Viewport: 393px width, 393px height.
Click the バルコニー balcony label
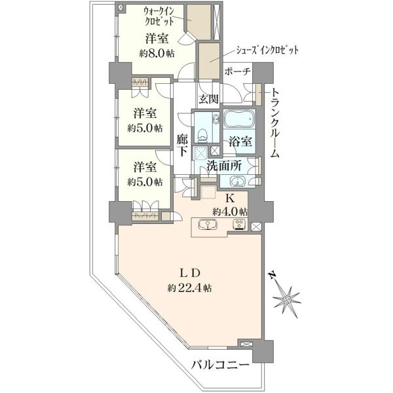[x=220, y=365]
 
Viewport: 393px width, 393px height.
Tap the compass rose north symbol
[x=286, y=299]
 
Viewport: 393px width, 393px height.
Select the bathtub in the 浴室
[x=239, y=119]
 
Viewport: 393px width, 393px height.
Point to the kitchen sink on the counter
[x=208, y=224]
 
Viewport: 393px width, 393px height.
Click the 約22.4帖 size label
[x=189, y=288]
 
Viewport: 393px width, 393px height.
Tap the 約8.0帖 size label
[x=157, y=54]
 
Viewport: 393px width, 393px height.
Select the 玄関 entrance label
[x=208, y=100]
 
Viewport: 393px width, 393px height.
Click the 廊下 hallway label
[x=182, y=145]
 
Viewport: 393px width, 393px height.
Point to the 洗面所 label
[x=224, y=166]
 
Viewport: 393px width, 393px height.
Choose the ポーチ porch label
[x=237, y=71]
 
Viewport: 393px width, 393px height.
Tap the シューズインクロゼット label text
[x=267, y=50]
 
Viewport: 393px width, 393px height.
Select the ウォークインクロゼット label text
[x=159, y=16]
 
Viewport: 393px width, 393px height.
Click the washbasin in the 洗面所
[x=237, y=181]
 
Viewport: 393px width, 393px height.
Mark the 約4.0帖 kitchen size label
[x=230, y=212]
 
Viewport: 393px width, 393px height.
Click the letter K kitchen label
[x=230, y=198]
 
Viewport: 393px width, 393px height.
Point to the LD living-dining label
[x=191, y=272]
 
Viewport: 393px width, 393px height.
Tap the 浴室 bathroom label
[x=240, y=142]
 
